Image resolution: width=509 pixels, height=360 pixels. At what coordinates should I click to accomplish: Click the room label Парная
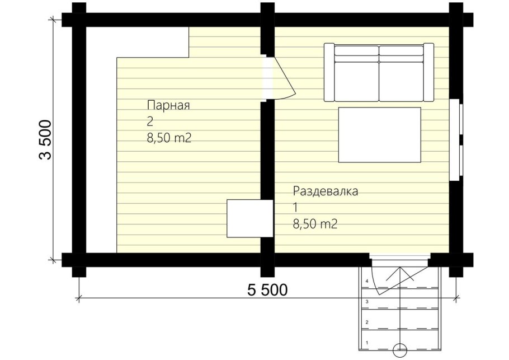(x=169, y=105)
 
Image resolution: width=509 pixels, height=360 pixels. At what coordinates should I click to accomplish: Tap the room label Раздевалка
(x=325, y=191)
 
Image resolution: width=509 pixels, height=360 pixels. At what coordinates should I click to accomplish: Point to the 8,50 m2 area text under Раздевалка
(x=315, y=225)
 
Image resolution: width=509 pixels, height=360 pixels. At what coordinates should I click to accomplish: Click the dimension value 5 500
(x=267, y=290)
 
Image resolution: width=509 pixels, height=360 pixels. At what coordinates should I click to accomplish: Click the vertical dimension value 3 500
(x=45, y=140)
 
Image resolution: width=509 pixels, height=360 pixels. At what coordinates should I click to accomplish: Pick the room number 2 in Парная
(x=150, y=122)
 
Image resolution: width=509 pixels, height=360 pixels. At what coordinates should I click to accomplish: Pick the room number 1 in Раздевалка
(x=295, y=208)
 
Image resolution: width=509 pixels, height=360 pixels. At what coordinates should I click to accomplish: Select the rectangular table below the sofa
(x=379, y=135)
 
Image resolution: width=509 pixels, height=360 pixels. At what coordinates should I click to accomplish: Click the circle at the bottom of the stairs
(x=399, y=349)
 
